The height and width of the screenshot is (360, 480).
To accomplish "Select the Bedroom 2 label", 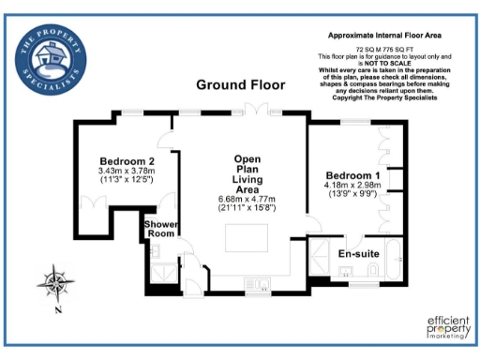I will click(x=126, y=162).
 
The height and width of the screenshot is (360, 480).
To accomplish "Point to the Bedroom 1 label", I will click(x=352, y=175).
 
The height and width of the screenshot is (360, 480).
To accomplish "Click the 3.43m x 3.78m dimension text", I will click(x=126, y=172).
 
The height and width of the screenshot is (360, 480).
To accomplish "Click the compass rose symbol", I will click(x=56, y=281).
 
